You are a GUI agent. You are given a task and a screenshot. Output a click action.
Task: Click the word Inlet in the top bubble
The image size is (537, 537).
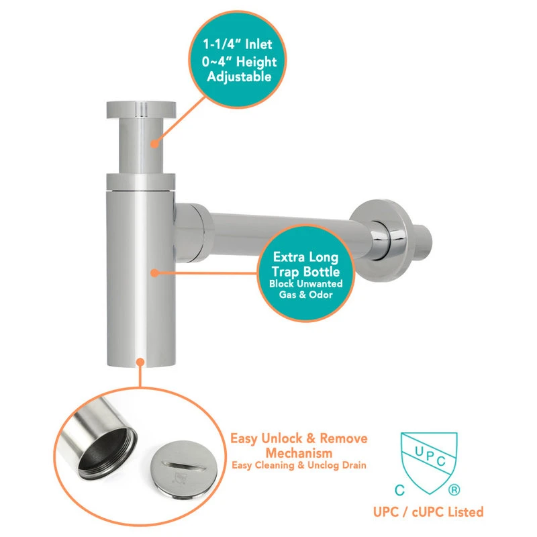(258, 44)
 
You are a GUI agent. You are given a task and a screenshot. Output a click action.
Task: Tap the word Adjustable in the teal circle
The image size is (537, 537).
(239, 77)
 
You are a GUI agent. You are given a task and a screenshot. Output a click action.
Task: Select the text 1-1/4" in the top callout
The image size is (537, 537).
(223, 44)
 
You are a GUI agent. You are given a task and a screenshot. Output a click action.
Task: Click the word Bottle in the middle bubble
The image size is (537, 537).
(322, 272)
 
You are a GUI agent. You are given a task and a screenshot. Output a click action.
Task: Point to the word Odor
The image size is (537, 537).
(321, 295)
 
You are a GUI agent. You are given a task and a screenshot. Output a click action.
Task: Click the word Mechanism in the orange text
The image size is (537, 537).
(299, 453)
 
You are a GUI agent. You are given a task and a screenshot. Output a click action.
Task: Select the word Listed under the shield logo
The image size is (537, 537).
(466, 511)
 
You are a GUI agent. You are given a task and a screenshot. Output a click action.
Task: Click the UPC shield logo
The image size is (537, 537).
(429, 462)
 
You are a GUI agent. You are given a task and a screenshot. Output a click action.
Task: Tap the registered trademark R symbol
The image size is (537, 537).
(454, 490)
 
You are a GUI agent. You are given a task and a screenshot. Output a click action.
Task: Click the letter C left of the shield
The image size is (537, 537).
(399, 490)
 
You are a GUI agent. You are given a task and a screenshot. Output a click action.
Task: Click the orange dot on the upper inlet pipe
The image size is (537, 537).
(155, 144)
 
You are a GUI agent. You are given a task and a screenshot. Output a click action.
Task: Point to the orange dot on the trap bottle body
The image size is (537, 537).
(155, 273)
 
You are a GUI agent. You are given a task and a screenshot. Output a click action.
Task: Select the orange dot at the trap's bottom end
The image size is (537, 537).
(140, 362)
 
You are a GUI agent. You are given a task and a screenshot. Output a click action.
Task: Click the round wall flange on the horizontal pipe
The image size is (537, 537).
(382, 240)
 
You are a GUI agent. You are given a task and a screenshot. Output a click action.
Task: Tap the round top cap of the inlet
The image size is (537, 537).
(141, 110)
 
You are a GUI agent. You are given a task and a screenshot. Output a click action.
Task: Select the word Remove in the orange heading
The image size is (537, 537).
(344, 438)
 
